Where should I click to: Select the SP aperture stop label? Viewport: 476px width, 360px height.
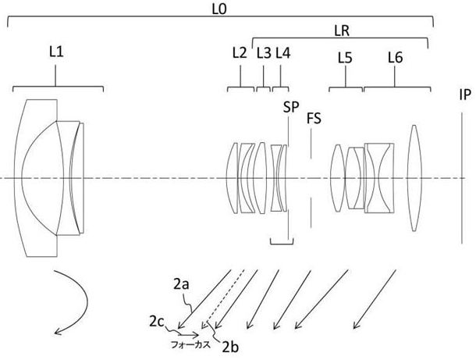coord(291,106)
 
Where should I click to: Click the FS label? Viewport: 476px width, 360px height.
coord(315,118)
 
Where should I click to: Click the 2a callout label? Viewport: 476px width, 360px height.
coord(181,286)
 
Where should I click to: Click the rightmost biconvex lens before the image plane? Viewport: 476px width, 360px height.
coord(414,178)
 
